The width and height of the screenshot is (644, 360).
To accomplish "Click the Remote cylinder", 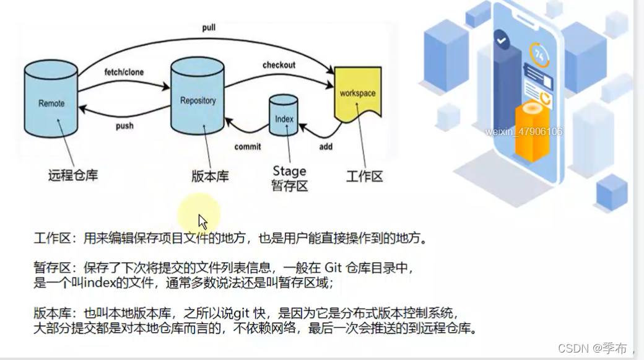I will click(x=51, y=102).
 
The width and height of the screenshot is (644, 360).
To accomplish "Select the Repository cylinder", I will click(x=198, y=99).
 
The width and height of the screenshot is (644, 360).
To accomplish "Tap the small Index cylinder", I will click(x=284, y=118).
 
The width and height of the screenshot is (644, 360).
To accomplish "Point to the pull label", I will click(x=209, y=29).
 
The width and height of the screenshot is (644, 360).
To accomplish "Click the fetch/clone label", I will click(x=124, y=72).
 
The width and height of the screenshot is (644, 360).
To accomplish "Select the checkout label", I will click(x=279, y=65).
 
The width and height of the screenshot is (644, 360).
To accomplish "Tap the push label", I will click(x=124, y=126).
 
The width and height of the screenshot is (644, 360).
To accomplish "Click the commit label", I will click(x=248, y=147).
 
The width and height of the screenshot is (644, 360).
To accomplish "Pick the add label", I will click(x=326, y=147).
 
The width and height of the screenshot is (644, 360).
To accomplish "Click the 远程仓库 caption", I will click(x=73, y=175).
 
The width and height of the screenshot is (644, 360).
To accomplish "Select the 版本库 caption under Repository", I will click(x=210, y=176).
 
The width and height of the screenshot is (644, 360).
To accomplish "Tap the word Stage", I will click(x=289, y=171).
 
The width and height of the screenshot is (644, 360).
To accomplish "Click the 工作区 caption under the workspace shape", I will click(x=363, y=176).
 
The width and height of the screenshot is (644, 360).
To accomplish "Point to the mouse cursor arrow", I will click(x=202, y=221).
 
